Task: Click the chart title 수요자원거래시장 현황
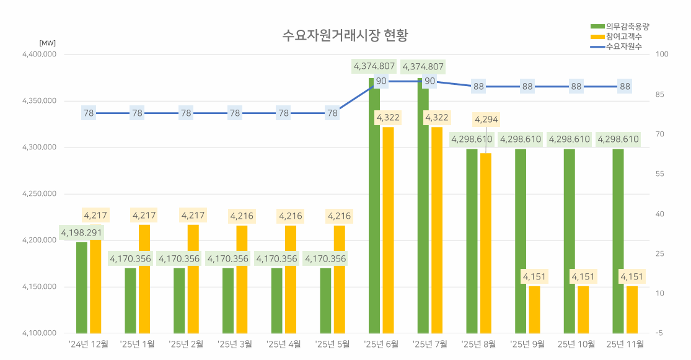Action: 345,35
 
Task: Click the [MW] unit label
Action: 47,43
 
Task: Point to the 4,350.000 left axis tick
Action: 39,101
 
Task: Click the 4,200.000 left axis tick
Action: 39,240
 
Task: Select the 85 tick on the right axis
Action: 660,95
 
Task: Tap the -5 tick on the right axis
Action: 659,333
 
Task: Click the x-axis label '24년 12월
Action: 88,344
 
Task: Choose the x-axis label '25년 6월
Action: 381,344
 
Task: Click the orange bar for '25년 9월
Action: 534,309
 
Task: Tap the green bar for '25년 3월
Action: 228,301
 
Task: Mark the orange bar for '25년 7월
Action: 437,230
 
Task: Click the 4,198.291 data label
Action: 81,233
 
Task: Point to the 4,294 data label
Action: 486,119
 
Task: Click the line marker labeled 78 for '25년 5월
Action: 333,113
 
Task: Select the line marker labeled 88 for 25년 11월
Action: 625,86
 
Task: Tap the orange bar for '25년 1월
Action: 144,279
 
